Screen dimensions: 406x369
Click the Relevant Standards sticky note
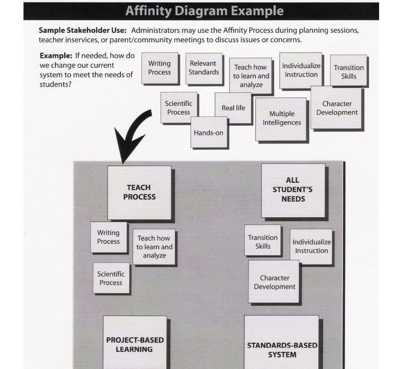coord(204,69)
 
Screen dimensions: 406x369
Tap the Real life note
coord(233,108)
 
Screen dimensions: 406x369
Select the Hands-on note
coord(209,132)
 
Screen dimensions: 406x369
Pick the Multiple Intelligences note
coord(281,119)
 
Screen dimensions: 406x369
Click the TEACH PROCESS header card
coord(139,193)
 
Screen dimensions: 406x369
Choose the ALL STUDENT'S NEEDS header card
coord(293,190)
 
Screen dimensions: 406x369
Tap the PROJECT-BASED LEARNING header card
coord(135,343)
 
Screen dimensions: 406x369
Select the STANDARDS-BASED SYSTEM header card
coord(281,342)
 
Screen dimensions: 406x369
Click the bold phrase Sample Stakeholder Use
coord(82,30)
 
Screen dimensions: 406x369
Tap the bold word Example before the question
coord(56,55)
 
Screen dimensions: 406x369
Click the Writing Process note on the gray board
coord(109,237)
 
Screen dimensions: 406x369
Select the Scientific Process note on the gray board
coord(111,278)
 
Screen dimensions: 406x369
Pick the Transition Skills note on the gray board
coord(263,240)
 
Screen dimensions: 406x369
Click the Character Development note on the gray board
coord(274,282)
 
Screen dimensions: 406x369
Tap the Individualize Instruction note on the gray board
coord(311,247)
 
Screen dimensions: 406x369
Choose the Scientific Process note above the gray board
coord(179,107)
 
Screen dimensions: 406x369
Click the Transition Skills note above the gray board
coord(348,70)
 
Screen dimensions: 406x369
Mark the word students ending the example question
coord(55,84)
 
